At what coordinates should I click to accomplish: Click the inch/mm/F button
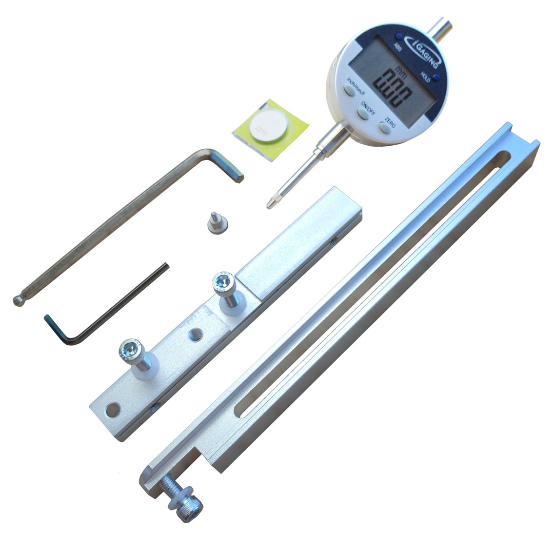pos(349,91)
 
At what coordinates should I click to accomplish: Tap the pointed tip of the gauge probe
pos(270,204)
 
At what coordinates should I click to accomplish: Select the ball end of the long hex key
pos(18,301)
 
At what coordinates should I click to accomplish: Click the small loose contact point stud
pos(213,223)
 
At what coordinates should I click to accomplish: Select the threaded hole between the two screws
pos(195,335)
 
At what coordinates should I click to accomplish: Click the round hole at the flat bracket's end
pos(113,409)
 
